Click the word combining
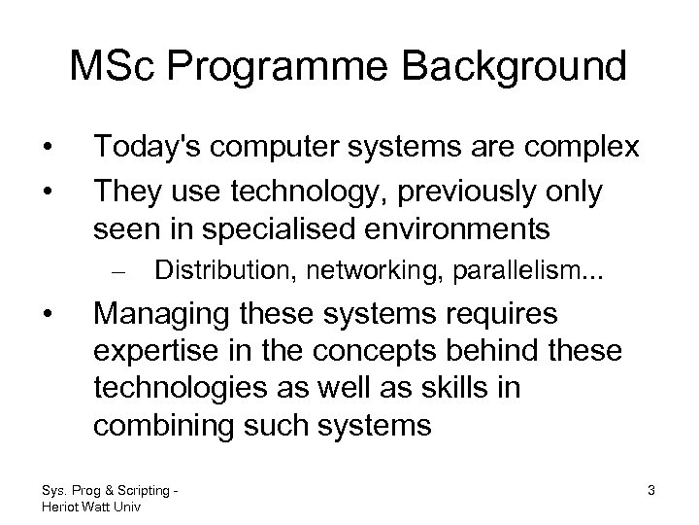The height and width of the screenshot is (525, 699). tap(162, 425)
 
